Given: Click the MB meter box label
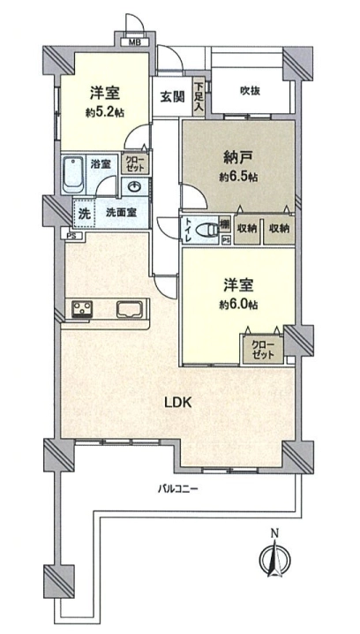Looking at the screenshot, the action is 134,42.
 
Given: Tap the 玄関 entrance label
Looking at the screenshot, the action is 173,97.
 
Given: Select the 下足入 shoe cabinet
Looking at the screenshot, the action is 199,97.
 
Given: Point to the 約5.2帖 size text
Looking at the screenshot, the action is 105,113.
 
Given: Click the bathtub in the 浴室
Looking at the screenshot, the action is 74,175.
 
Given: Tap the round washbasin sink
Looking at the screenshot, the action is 134,187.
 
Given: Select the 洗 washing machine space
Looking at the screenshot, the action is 84,214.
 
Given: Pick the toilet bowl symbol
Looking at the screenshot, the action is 206,230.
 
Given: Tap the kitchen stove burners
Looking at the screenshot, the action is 82,309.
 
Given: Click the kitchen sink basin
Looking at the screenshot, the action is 131,309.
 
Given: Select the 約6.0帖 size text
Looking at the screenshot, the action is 239,305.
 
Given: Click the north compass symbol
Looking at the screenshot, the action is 274,558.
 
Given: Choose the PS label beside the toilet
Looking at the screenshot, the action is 226,240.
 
